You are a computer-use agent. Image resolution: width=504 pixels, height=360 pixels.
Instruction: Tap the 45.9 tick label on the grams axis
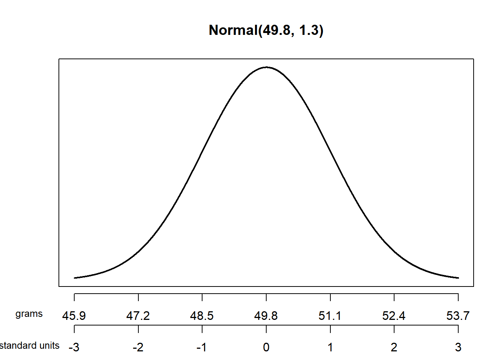74,316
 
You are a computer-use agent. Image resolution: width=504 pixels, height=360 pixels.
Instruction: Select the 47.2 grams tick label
138,316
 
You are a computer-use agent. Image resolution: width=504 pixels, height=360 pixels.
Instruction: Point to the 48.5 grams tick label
202,316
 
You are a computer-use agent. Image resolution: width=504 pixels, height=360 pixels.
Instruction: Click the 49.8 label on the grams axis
266,316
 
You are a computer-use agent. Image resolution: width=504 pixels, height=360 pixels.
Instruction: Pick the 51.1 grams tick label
330,316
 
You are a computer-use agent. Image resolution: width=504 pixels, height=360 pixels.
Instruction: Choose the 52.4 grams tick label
394,316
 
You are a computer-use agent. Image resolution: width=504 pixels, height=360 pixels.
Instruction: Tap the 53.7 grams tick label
458,316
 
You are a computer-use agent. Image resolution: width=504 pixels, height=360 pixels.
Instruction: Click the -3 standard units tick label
74,347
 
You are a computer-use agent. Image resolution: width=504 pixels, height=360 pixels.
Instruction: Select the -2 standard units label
138,347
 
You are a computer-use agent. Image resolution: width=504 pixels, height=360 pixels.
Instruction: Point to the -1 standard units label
202,347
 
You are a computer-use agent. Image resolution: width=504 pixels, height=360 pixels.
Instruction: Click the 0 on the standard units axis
266,347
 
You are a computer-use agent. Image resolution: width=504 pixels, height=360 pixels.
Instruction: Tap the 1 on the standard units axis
330,347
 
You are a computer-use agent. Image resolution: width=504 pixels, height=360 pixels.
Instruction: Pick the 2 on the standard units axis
394,347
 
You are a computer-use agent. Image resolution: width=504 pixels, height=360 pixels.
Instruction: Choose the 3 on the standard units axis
458,347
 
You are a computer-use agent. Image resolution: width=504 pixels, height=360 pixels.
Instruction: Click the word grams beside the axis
29,314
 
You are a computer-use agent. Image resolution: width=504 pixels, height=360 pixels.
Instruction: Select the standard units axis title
30,345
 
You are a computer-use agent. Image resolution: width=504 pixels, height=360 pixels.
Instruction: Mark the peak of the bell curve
266,67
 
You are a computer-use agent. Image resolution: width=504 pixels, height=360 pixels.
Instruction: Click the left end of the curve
75,278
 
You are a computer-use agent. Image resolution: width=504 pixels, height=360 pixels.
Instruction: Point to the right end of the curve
458,278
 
